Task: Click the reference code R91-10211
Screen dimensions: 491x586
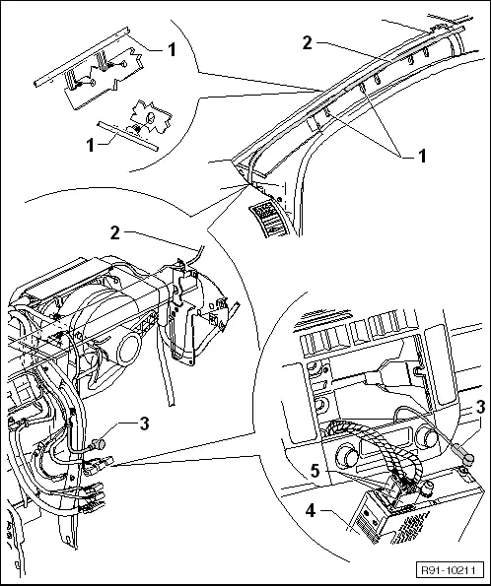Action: pyautogui.click(x=448, y=570)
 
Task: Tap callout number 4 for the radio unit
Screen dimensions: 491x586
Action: pyautogui.click(x=311, y=510)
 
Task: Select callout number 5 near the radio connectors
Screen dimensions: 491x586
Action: pyautogui.click(x=316, y=471)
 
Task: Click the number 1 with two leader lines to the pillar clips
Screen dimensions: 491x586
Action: pyautogui.click(x=422, y=156)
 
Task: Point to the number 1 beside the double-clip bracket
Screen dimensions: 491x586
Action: pyautogui.click(x=172, y=49)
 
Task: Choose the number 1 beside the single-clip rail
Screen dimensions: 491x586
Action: pyautogui.click(x=90, y=145)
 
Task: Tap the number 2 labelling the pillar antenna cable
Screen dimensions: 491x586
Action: pyautogui.click(x=307, y=43)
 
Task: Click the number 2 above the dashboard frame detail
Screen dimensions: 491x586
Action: pyautogui.click(x=115, y=232)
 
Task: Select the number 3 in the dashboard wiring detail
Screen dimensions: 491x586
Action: pyautogui.click(x=144, y=423)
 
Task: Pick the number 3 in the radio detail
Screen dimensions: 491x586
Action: pyautogui.click(x=480, y=408)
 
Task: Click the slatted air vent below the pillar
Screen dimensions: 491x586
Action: pyautogui.click(x=270, y=219)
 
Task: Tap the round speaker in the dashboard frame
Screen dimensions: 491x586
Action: pyautogui.click(x=128, y=351)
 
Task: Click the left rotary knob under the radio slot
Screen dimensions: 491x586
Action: pyautogui.click(x=348, y=457)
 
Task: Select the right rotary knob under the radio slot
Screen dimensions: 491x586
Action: pyautogui.click(x=427, y=435)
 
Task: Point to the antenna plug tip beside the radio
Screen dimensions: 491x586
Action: pyautogui.click(x=469, y=458)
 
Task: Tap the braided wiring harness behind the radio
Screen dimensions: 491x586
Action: pyautogui.click(x=378, y=445)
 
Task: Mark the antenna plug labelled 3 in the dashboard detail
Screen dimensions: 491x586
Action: pyautogui.click(x=99, y=444)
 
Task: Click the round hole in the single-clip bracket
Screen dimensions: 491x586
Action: pyautogui.click(x=150, y=118)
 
